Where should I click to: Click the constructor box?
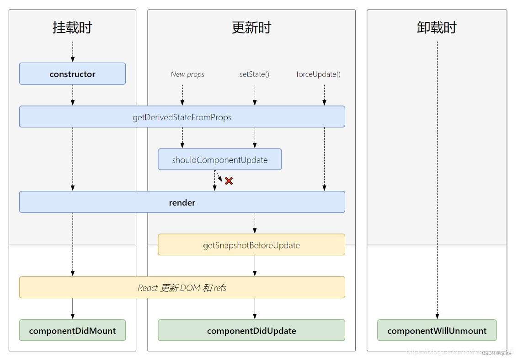tap(72, 74)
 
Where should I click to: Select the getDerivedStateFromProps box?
tap(182, 117)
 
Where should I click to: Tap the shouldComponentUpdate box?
tap(219, 160)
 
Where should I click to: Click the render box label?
tap(182, 202)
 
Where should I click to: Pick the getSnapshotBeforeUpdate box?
tap(251, 245)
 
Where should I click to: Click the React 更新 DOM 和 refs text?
tap(182, 288)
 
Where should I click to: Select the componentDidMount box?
tap(72, 330)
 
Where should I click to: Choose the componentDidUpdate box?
tap(251, 330)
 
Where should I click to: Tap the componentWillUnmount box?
tap(437, 330)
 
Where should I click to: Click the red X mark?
tap(229, 181)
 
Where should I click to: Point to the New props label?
tap(187, 74)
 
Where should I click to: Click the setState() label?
tap(254, 74)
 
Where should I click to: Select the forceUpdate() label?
tap(318, 74)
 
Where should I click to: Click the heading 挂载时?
tap(72, 27)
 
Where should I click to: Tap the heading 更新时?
tap(251, 27)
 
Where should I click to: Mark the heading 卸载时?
tap(437, 27)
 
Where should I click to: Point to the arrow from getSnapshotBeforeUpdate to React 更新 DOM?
tap(255, 265)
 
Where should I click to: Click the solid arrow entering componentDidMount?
tap(72, 309)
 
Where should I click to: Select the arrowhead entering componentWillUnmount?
tap(437, 316)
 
